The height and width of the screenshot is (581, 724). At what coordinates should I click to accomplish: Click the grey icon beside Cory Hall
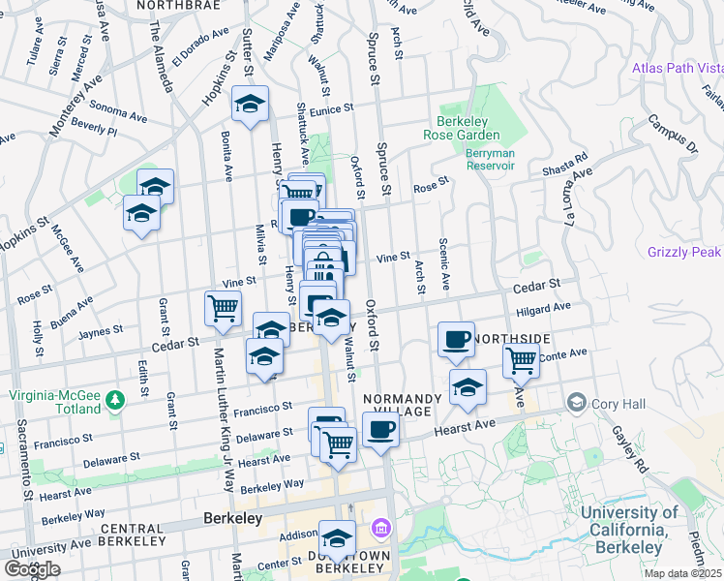pyautogui.click(x=577, y=402)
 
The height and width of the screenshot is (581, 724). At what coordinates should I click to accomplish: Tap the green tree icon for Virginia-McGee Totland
pyautogui.click(x=115, y=399)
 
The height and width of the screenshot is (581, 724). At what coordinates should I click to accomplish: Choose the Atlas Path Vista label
pyautogui.click(x=678, y=69)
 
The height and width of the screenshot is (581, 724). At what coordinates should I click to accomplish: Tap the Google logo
pyautogui.click(x=32, y=569)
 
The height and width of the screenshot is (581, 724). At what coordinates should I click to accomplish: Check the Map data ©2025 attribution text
pyautogui.click(x=682, y=573)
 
